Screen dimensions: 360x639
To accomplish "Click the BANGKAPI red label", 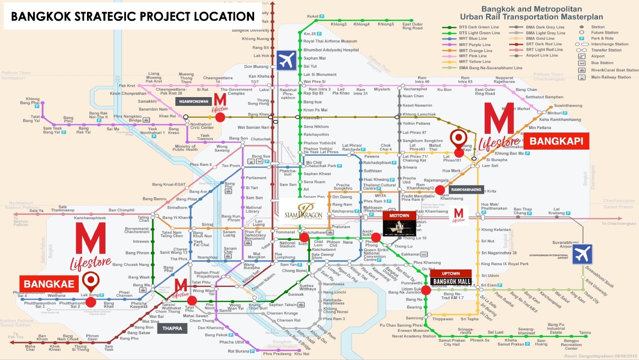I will (556, 141).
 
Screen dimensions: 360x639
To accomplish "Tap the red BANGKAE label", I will (49, 284).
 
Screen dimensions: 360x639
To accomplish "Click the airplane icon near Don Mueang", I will (286, 60).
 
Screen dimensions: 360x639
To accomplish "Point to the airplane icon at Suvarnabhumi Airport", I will (582, 254).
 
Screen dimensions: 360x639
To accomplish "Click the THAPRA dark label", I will (172, 328).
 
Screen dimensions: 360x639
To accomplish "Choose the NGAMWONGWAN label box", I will (193, 101).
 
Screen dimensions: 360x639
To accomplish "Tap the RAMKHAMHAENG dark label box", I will (466, 190).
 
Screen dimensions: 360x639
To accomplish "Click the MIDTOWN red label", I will (399, 216).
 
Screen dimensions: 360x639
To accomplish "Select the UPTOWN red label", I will (450, 273).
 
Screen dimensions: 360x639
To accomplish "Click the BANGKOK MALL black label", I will (452, 281).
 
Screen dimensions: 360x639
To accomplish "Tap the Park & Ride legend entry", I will (602, 38).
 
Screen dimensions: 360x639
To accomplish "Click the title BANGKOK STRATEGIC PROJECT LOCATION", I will (133, 17).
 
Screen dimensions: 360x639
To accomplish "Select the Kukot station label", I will (313, 17).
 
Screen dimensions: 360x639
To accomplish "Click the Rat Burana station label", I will (238, 351).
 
